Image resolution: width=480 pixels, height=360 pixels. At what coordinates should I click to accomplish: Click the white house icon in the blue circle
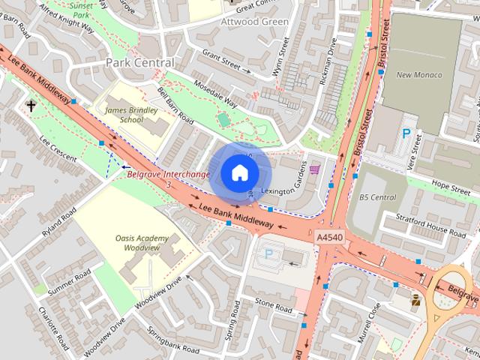coord(239,173)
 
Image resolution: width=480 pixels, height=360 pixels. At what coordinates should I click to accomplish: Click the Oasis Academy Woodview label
coord(142,242)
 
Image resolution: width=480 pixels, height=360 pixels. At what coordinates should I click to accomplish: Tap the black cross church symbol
coord(31,106)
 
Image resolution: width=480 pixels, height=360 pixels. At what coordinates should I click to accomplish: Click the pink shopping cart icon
coord(314,169)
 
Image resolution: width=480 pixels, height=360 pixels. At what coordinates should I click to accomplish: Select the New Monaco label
coord(418,75)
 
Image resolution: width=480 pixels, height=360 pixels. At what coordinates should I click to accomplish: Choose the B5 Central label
coord(377,197)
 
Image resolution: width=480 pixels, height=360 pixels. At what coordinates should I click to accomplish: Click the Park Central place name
coord(139,61)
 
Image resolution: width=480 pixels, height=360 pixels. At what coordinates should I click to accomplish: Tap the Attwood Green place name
coord(255,22)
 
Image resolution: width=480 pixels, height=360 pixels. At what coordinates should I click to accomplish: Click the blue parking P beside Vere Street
coord(406,134)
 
